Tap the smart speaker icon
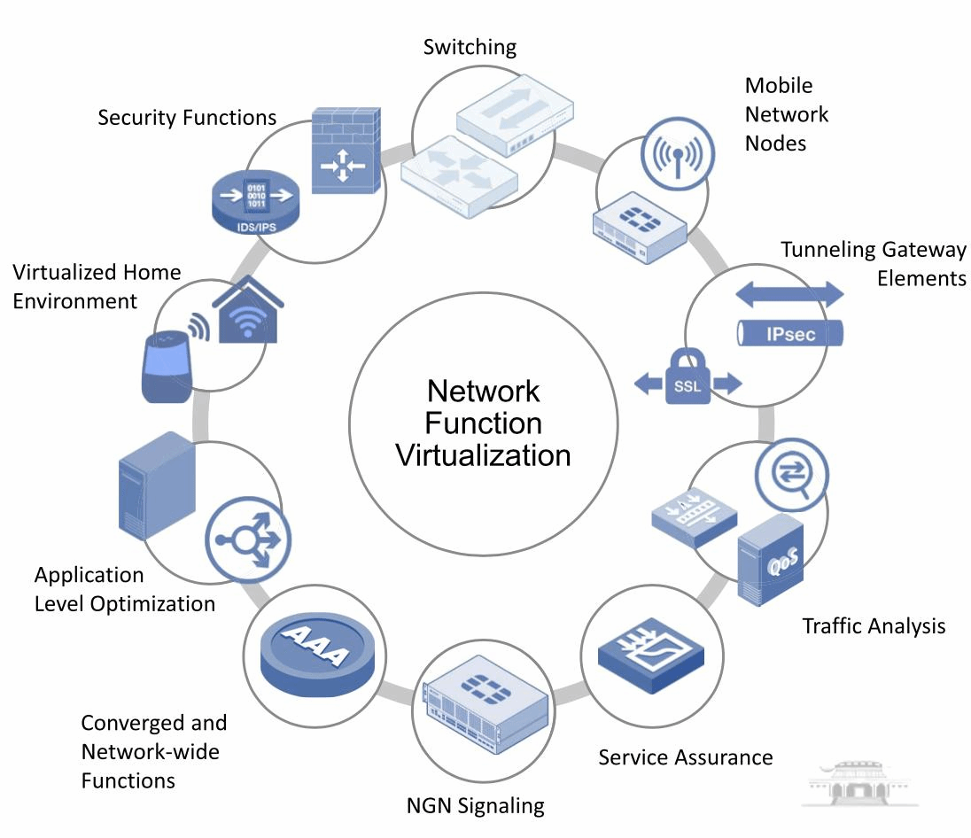pos(167,367)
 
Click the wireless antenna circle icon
pos(675,152)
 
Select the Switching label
pos(470,46)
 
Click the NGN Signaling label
pos(475,805)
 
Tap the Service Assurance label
pos(685,757)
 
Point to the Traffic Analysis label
pos(874,626)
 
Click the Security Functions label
pos(187,118)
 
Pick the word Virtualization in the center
pos(483,455)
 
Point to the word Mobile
pos(779,85)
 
